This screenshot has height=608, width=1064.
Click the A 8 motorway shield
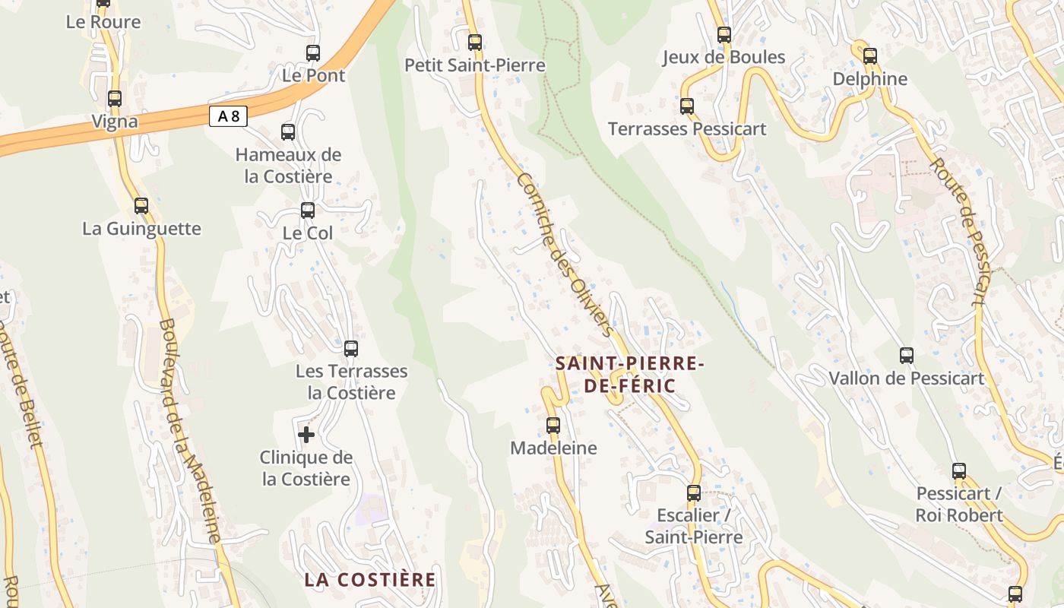tap(228, 116)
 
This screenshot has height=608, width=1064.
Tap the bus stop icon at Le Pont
tap(312, 53)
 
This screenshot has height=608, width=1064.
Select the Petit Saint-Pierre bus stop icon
tap(475, 43)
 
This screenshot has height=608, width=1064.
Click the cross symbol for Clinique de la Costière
tap(306, 435)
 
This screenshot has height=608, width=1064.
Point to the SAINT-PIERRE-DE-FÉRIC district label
tap(629, 375)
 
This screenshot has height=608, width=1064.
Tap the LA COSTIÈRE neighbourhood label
tap(370, 580)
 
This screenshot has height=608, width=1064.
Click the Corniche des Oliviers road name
tap(564, 255)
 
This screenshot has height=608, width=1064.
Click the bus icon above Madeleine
tap(553, 426)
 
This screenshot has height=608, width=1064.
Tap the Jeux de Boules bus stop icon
tap(724, 35)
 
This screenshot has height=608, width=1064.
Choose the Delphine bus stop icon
tap(869, 56)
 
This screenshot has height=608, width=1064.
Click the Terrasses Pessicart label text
tap(687, 129)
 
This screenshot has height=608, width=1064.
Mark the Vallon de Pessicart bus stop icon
tap(906, 356)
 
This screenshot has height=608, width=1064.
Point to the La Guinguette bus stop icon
tap(141, 206)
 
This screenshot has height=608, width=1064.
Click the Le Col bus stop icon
tap(308, 211)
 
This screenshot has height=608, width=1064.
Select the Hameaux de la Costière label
tap(288, 166)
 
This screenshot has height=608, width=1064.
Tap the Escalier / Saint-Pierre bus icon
tap(693, 493)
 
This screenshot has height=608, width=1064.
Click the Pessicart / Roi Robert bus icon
tap(959, 471)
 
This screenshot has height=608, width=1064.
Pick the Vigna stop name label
tap(115, 122)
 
